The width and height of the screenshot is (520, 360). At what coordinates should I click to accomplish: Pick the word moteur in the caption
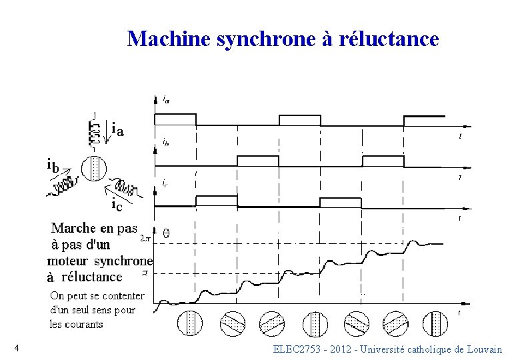pyautogui.click(x=69, y=261)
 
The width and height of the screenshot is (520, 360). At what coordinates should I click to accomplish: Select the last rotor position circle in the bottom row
pyautogui.click(x=434, y=324)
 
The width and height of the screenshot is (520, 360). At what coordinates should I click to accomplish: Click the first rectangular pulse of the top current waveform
pyautogui.click(x=175, y=119)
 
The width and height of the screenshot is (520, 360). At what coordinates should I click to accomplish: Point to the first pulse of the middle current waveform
pyautogui.click(x=258, y=161)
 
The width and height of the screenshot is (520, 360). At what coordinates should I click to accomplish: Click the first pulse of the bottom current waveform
pyautogui.click(x=217, y=201)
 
